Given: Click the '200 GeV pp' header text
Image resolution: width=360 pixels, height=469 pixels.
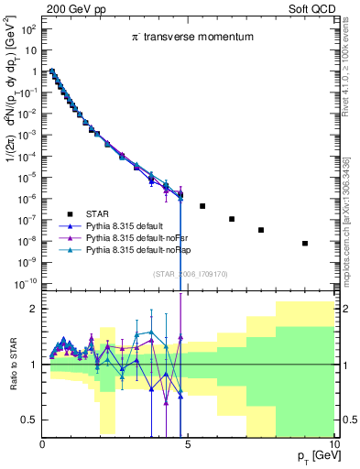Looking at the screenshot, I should [x=72, y=8].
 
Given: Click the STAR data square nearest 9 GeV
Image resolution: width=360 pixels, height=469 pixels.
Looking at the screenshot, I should [x=305, y=243].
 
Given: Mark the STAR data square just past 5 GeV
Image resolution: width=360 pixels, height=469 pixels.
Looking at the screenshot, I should [x=202, y=206].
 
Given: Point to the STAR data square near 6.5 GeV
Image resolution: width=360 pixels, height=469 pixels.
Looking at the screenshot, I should [x=232, y=219].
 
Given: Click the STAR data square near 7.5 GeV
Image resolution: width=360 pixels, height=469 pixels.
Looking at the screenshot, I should [x=261, y=230].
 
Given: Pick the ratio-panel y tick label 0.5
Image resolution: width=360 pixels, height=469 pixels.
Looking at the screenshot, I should [x=27, y=420].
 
